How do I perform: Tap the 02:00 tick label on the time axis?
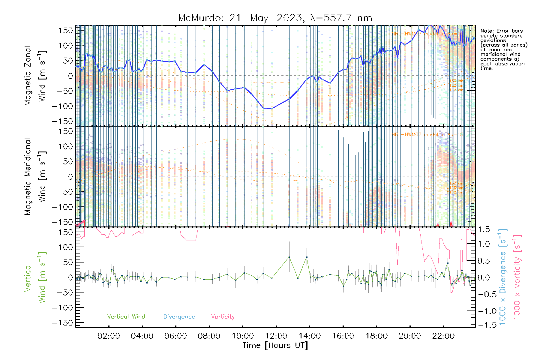point(109,336)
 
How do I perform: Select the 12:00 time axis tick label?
point(276,336)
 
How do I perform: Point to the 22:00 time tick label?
point(443,336)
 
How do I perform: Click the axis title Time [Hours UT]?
point(275,345)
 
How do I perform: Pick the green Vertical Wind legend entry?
point(126,316)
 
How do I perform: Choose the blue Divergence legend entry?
point(179,316)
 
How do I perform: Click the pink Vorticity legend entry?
point(223,316)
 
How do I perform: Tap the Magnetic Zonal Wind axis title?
point(35,76)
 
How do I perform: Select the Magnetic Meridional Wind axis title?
point(35,177)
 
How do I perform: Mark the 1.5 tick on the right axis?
point(484,229)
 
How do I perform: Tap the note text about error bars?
point(503,49)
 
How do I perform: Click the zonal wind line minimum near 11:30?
point(268,108)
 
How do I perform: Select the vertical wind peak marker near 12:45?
point(289,257)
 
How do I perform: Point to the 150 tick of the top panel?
point(66,30)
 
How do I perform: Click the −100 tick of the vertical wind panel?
point(62,307)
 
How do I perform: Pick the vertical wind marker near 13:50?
point(307,257)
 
